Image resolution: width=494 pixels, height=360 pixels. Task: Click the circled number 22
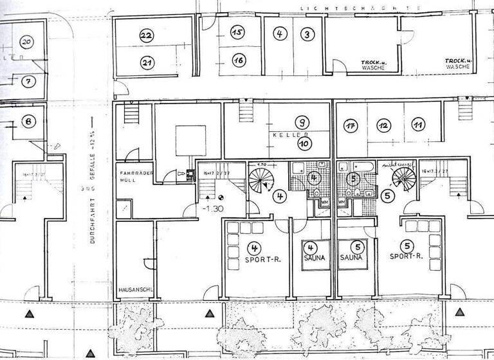147,36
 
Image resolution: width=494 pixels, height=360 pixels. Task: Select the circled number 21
147,63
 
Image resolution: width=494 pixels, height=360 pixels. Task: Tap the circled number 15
237,32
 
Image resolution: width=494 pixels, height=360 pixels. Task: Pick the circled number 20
26,42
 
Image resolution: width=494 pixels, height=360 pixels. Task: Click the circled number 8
29,121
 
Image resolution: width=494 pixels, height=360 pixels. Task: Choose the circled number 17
351,125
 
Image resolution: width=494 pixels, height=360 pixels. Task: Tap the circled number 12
383,125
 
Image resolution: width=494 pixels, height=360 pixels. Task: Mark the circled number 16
238,60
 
